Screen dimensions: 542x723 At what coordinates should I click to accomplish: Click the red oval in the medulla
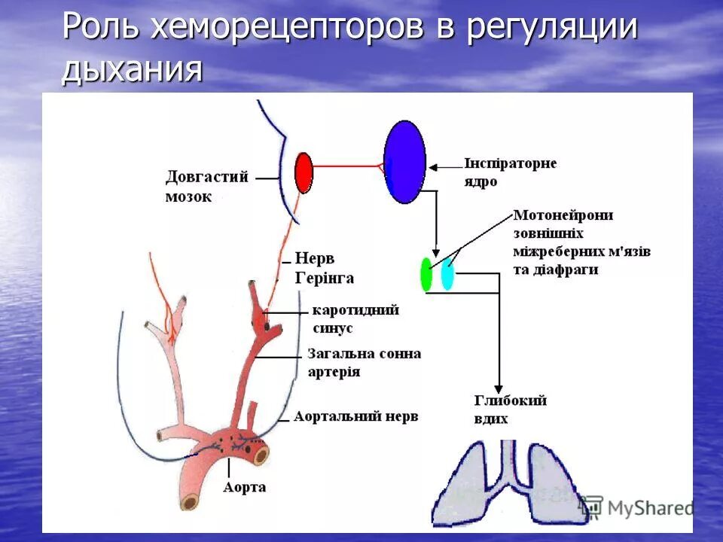click(304, 173)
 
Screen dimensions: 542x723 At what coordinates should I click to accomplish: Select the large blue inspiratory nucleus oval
click(404, 162)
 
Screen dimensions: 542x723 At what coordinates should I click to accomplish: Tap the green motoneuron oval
click(426, 275)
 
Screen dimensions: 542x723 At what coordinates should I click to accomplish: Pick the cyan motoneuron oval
click(447, 274)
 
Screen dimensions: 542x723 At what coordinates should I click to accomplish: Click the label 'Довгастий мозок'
click(206, 187)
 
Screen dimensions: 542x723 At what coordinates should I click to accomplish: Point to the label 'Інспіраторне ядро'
click(510, 172)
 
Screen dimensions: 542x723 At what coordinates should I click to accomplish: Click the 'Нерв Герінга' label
click(324, 266)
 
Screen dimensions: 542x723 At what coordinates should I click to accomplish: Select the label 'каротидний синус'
click(355, 319)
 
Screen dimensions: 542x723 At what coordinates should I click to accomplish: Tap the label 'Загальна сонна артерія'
click(364, 362)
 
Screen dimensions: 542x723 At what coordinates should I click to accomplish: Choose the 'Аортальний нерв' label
click(355, 416)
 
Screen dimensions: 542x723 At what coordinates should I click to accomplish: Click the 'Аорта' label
click(244, 487)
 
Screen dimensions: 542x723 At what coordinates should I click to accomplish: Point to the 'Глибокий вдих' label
click(510, 410)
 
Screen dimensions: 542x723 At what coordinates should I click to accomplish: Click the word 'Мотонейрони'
click(563, 215)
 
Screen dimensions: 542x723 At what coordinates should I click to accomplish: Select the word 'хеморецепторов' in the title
click(286, 28)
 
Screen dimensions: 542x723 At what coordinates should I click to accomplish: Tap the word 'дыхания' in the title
click(132, 69)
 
